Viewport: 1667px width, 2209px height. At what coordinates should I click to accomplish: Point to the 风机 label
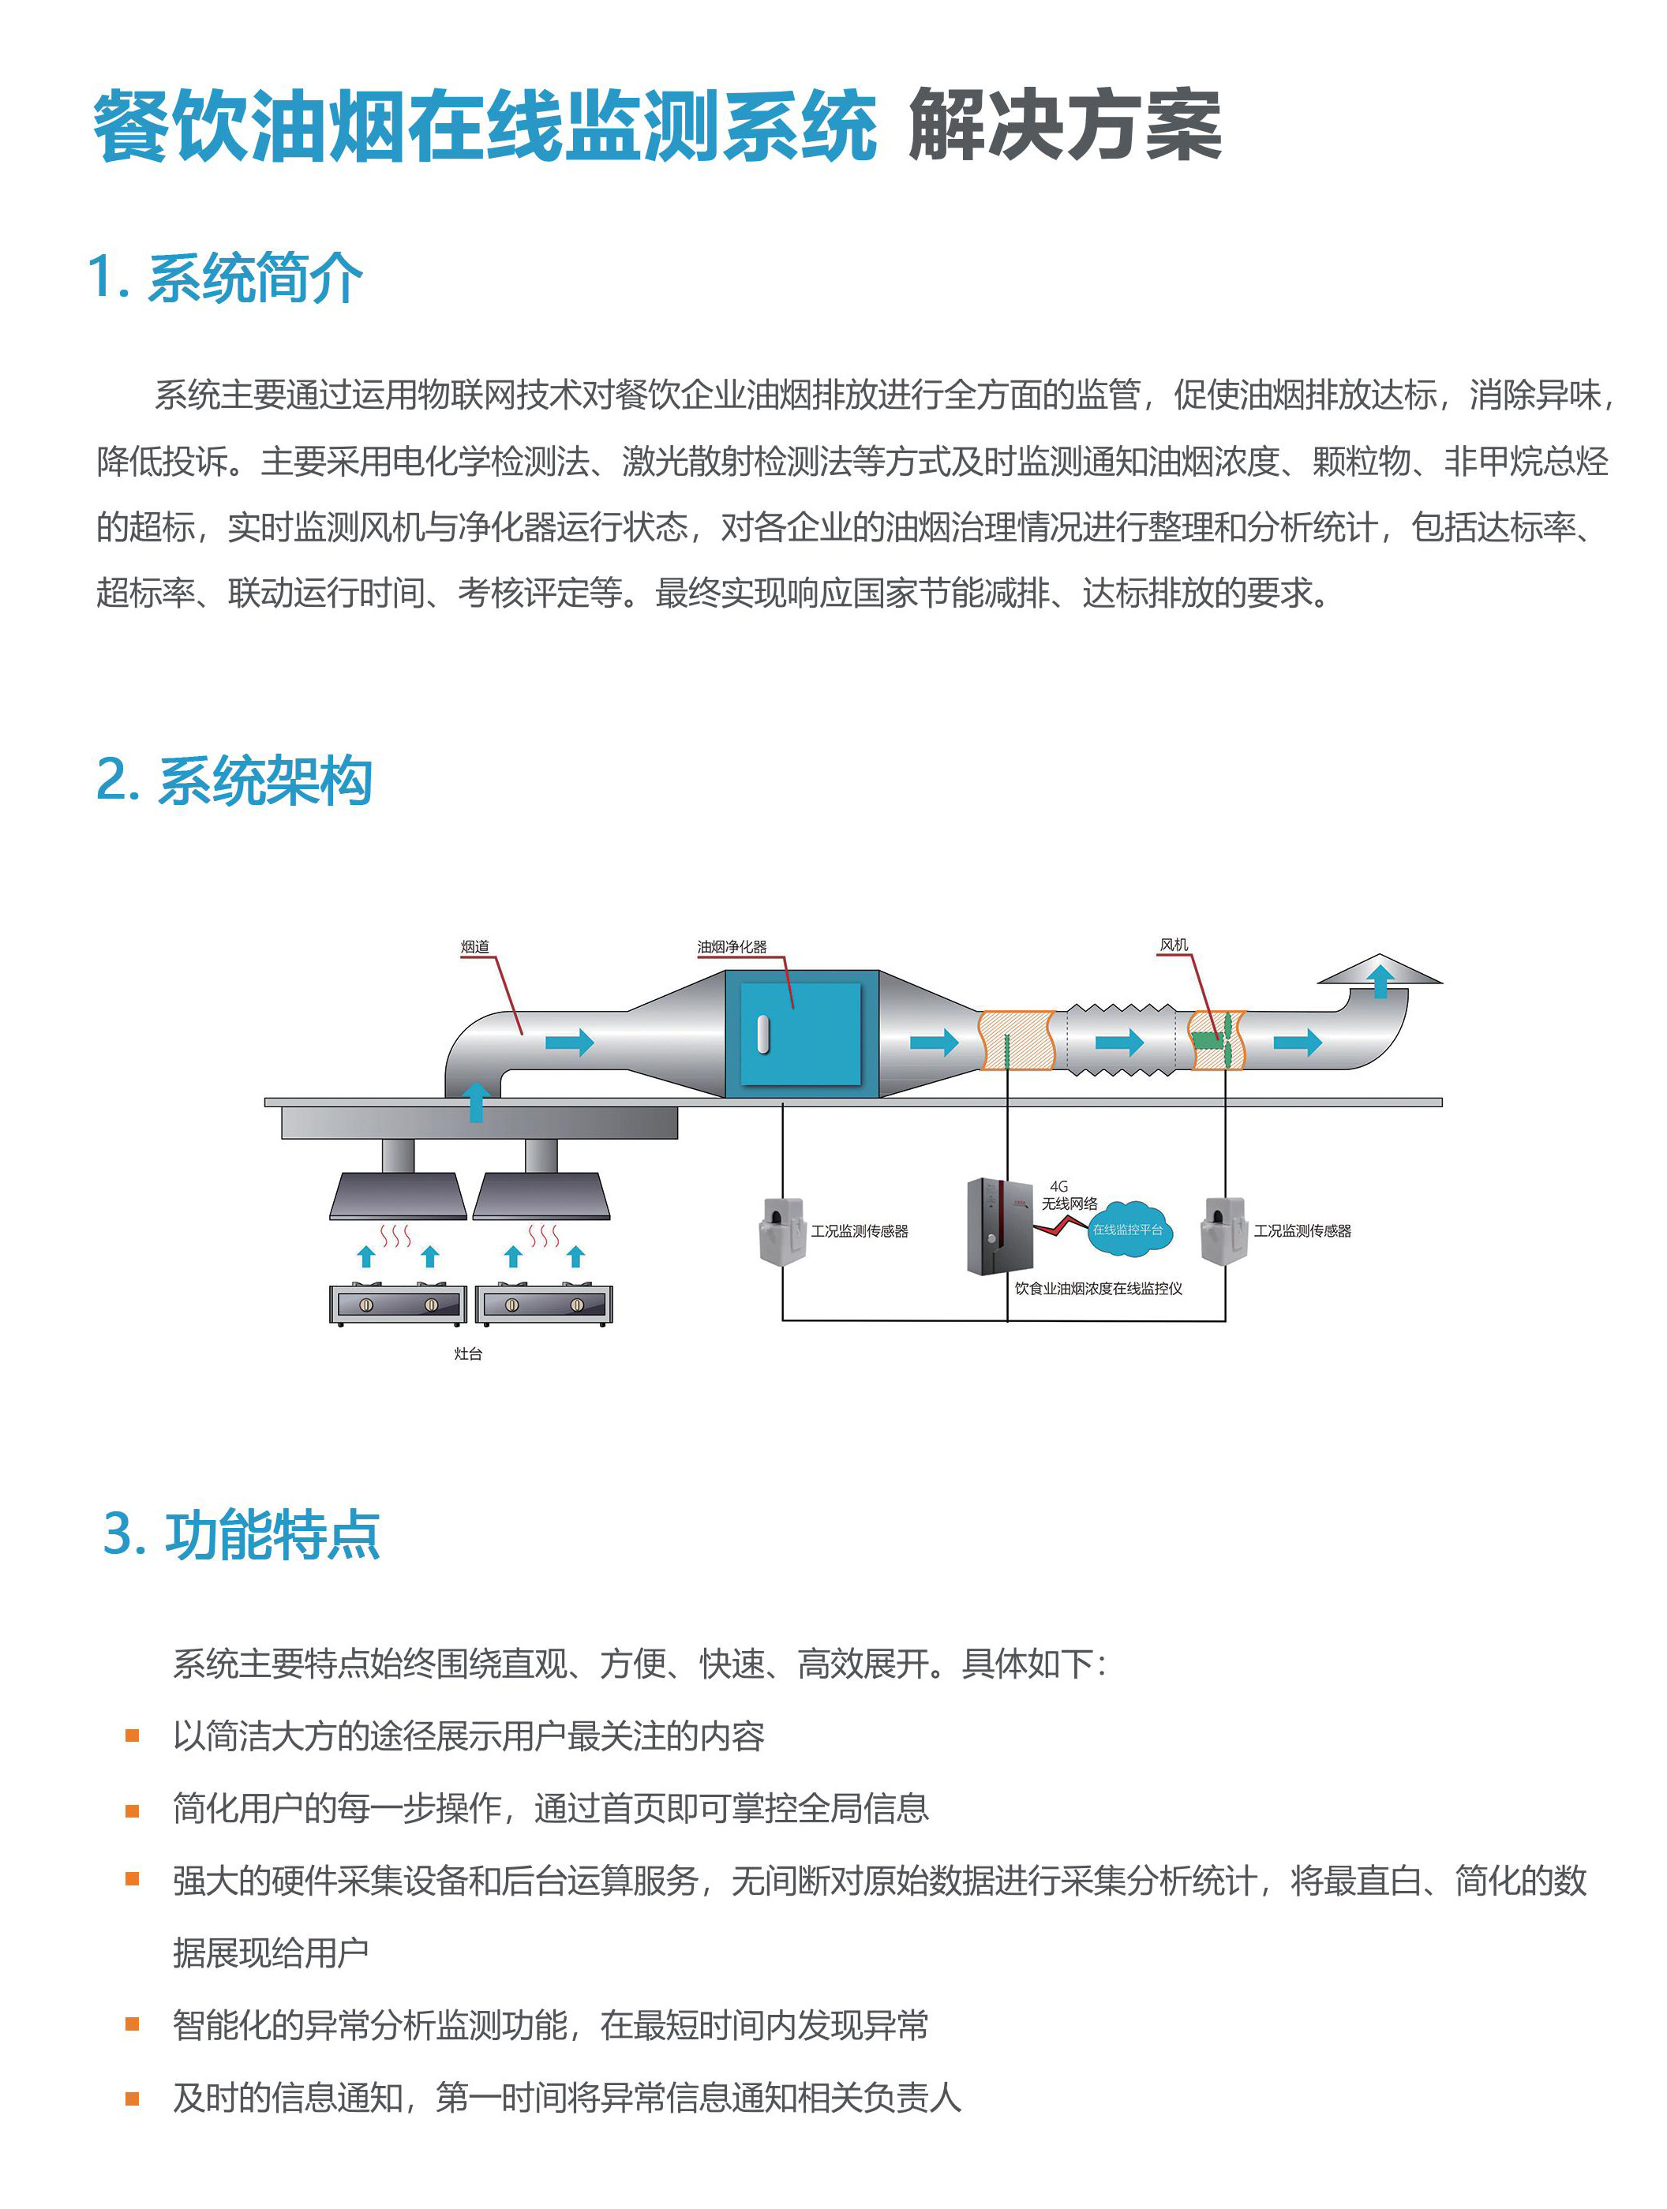[x=1174, y=945]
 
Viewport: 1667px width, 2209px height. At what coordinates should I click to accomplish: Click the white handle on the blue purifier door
[x=763, y=1035]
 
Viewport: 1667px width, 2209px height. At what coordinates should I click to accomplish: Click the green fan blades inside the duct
[x=1216, y=1041]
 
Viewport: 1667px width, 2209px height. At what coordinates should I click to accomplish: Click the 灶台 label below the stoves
[x=467, y=1354]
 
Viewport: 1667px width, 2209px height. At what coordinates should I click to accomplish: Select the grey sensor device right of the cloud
[x=1224, y=1232]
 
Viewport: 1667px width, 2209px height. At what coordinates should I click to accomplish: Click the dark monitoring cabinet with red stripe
[x=998, y=1227]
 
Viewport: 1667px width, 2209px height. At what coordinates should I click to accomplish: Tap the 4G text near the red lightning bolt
[x=1058, y=1186]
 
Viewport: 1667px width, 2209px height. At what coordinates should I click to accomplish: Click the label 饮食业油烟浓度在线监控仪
[x=1098, y=1288]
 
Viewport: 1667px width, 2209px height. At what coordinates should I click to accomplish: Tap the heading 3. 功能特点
[x=241, y=1534]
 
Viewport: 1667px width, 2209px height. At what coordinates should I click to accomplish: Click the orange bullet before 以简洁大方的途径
[x=132, y=1736]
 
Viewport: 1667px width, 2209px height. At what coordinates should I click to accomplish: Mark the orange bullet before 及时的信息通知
[x=132, y=2099]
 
